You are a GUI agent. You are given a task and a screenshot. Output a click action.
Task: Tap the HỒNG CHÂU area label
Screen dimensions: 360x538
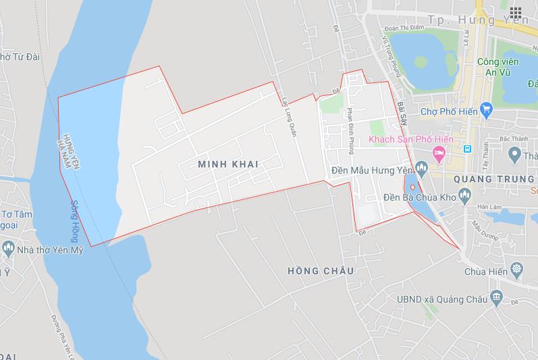(320, 270)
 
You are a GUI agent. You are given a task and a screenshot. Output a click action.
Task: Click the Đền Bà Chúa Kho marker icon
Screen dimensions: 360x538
(463, 197)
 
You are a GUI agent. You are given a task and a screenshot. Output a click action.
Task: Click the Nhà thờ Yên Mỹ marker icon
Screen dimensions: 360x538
(8, 248)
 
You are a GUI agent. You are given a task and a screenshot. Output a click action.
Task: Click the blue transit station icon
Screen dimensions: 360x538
(465, 149)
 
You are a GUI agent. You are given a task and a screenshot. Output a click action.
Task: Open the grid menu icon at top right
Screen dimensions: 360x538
(515, 12)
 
